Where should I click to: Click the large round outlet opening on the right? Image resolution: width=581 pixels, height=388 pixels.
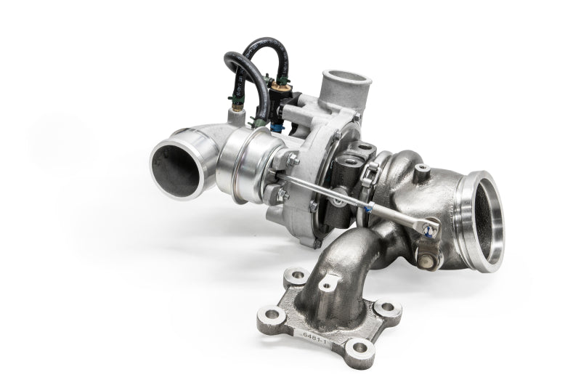pyautogui.click(x=481, y=221)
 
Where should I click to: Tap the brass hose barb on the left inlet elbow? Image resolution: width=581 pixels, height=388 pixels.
pyautogui.click(x=234, y=114)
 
